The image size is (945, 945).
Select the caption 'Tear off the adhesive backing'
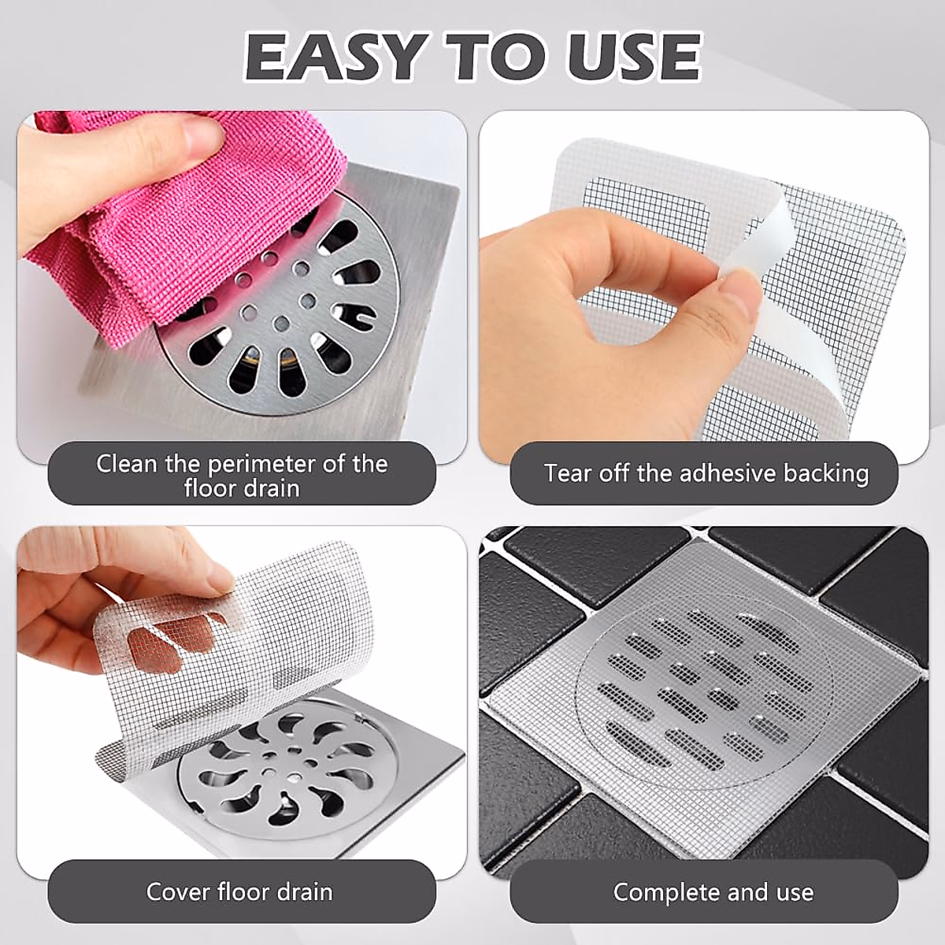(706, 473)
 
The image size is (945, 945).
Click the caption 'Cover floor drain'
(239, 891)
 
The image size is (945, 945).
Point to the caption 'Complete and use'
(713, 891)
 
